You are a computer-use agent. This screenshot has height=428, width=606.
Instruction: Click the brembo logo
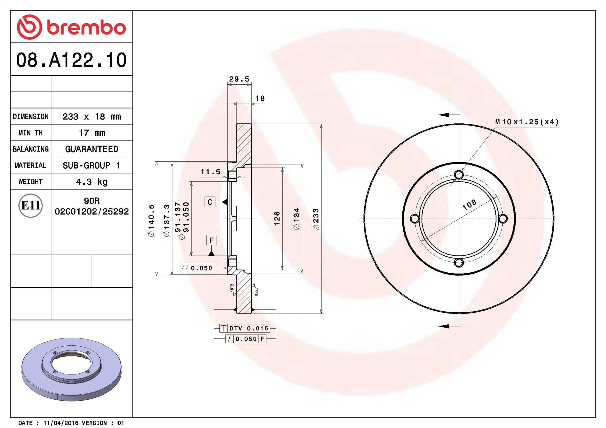click(x=71, y=27)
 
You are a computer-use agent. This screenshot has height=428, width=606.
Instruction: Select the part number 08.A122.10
click(x=71, y=60)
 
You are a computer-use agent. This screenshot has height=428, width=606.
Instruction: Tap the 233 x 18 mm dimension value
click(x=92, y=116)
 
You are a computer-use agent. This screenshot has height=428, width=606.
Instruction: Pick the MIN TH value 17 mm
click(x=92, y=133)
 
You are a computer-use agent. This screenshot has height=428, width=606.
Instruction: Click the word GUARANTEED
click(x=92, y=149)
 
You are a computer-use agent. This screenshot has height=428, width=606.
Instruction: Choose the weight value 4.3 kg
click(x=92, y=182)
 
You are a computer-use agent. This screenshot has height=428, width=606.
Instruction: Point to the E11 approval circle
click(x=31, y=205)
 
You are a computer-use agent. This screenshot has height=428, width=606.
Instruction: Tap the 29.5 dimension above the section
click(x=239, y=79)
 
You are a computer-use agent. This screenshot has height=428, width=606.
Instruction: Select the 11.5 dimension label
click(x=211, y=172)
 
